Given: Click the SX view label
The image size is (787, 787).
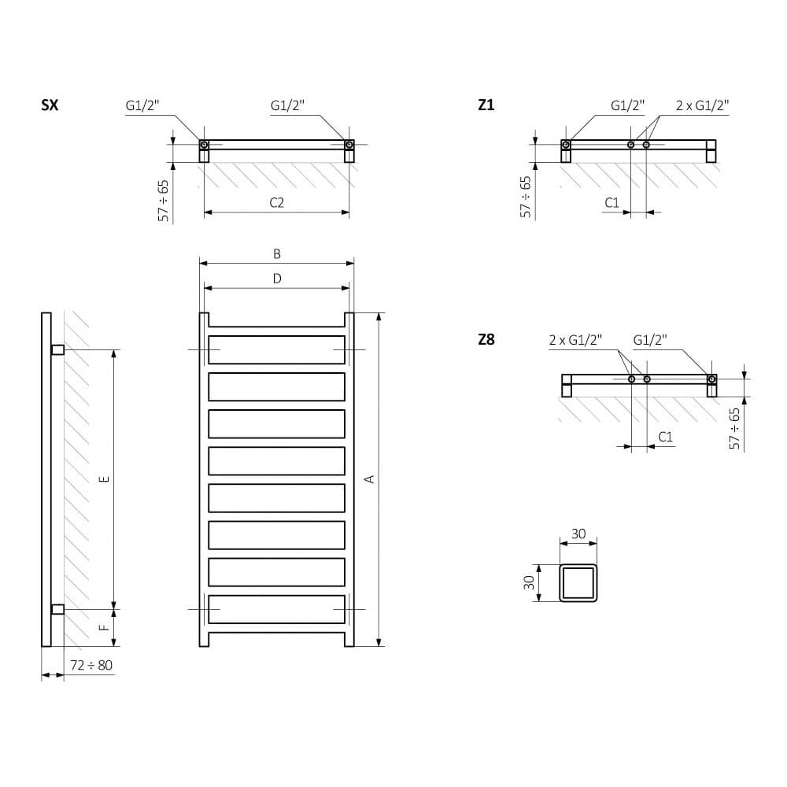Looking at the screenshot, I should click(49, 105).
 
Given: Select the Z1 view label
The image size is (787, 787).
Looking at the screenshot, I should click(486, 105).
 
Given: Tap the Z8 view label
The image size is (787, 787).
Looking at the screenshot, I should click(486, 340).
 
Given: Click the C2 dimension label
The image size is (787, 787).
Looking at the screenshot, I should click(276, 202).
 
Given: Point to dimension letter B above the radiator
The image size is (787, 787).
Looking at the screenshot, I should click(277, 253).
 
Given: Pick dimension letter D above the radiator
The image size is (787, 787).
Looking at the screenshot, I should click(277, 278).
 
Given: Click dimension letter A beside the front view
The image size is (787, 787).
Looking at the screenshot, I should click(368, 478).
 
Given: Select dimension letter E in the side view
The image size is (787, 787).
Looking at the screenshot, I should click(103, 478).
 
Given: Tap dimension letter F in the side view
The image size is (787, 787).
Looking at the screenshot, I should click(103, 627).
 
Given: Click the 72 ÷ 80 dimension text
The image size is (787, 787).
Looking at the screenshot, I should click(91, 666).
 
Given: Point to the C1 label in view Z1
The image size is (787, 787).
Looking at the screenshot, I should click(612, 203).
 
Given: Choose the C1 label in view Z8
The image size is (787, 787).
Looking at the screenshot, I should click(665, 437).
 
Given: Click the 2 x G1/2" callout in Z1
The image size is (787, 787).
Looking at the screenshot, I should click(703, 105).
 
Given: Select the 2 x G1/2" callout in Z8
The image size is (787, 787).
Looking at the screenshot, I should click(575, 340).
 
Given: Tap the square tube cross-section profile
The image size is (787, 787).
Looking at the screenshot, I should click(578, 582).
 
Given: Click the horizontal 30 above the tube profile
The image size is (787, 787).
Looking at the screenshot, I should click(578, 534).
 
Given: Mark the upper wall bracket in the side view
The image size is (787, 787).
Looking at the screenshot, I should click(57, 349).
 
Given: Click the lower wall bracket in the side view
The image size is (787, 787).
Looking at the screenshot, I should click(57, 609).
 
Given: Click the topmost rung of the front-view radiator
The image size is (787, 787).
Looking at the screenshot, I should click(277, 349).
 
